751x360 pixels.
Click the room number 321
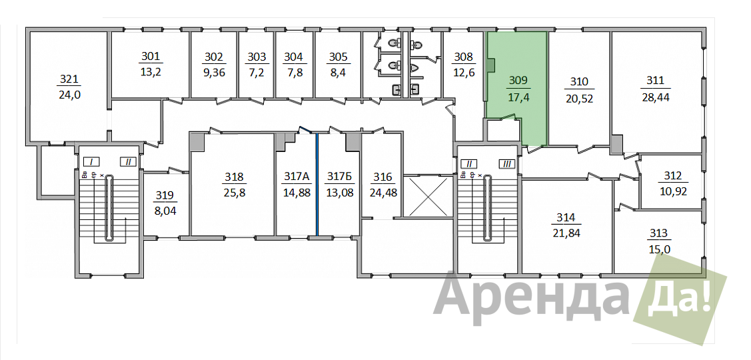69,79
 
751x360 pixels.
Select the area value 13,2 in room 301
151,73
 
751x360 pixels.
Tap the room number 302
214,57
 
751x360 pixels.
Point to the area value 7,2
257,73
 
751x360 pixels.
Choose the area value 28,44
655,98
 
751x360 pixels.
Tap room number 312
674,175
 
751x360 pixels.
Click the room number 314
566,217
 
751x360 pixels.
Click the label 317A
297,177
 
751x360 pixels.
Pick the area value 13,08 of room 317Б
339,193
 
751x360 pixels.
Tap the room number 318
234,177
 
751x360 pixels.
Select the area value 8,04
165,211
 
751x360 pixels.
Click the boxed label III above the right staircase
508,164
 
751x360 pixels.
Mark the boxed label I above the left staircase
91,161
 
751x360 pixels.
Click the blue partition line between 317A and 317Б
317,184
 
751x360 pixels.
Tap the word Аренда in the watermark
532,297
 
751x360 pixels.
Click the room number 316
382,177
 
